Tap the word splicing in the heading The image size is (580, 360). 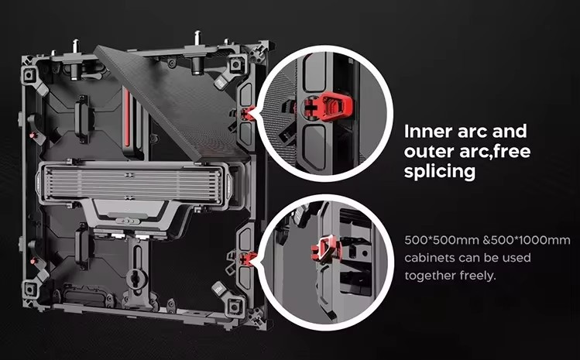[440, 172]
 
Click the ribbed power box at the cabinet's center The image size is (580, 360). [133, 183]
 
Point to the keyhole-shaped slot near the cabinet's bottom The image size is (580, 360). [135, 277]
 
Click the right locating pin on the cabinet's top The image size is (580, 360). [197, 38]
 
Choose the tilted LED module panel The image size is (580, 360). [172, 105]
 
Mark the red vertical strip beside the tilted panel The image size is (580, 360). [127, 118]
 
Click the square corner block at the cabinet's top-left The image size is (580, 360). [29, 75]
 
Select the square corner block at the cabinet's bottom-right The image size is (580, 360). [235, 306]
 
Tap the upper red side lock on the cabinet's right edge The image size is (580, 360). [247, 114]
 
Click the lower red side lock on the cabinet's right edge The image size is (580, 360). [248, 259]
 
